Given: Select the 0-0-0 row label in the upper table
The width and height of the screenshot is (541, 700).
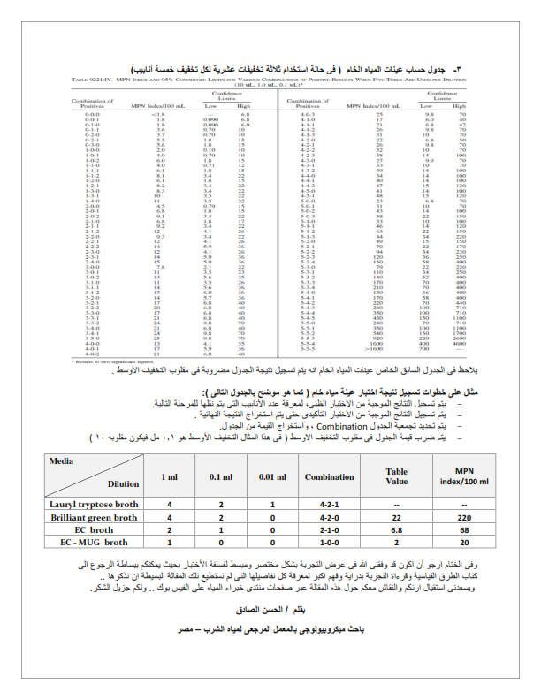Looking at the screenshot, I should click(92, 114).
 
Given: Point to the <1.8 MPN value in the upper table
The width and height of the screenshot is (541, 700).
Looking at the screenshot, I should click(159, 114).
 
